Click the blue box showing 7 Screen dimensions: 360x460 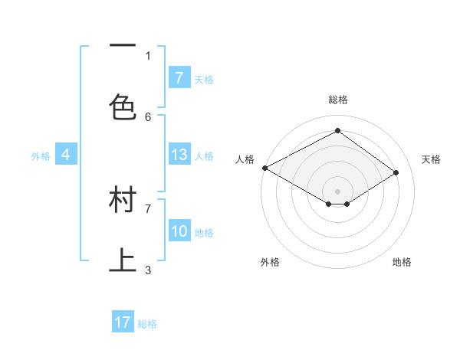[x=179, y=77]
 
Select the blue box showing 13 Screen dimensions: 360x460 [x=179, y=155]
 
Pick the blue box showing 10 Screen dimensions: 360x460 [x=179, y=231]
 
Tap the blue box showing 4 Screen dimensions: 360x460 [x=66, y=155]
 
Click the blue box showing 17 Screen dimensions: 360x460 [x=123, y=322]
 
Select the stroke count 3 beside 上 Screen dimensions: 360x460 [x=148, y=270]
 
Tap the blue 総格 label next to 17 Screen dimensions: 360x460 [x=147, y=324]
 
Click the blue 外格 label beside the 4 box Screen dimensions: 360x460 [x=41, y=155]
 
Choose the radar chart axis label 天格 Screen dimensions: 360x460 [x=431, y=159]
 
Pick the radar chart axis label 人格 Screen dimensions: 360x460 [x=245, y=159]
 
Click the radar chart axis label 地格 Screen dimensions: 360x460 [x=402, y=262]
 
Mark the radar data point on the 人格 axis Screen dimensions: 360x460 [x=264, y=168]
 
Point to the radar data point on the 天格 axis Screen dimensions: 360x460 [x=396, y=173]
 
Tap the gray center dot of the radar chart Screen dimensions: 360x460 [x=337, y=191]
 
